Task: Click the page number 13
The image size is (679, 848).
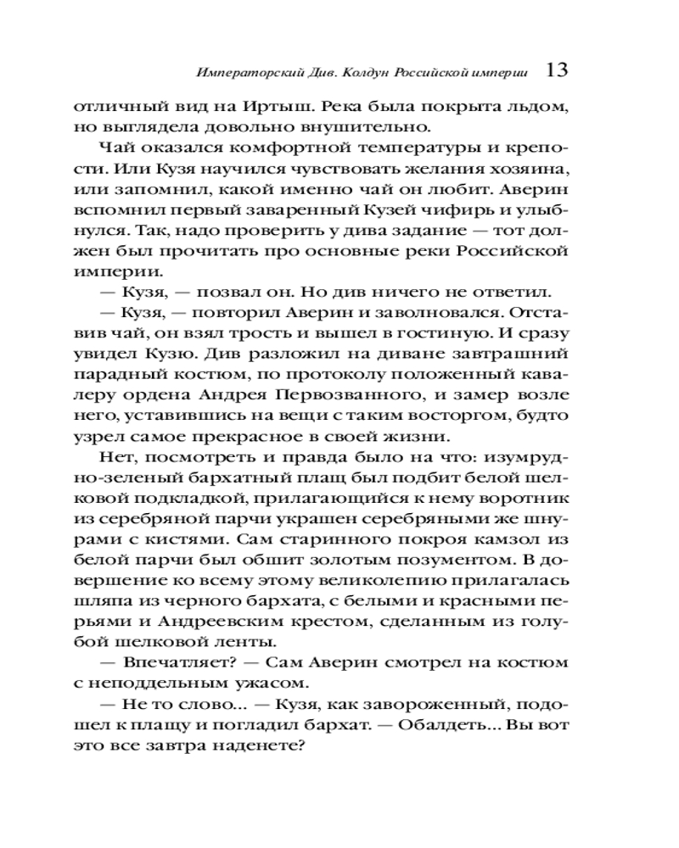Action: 556,70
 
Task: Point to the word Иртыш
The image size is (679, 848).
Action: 272,109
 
